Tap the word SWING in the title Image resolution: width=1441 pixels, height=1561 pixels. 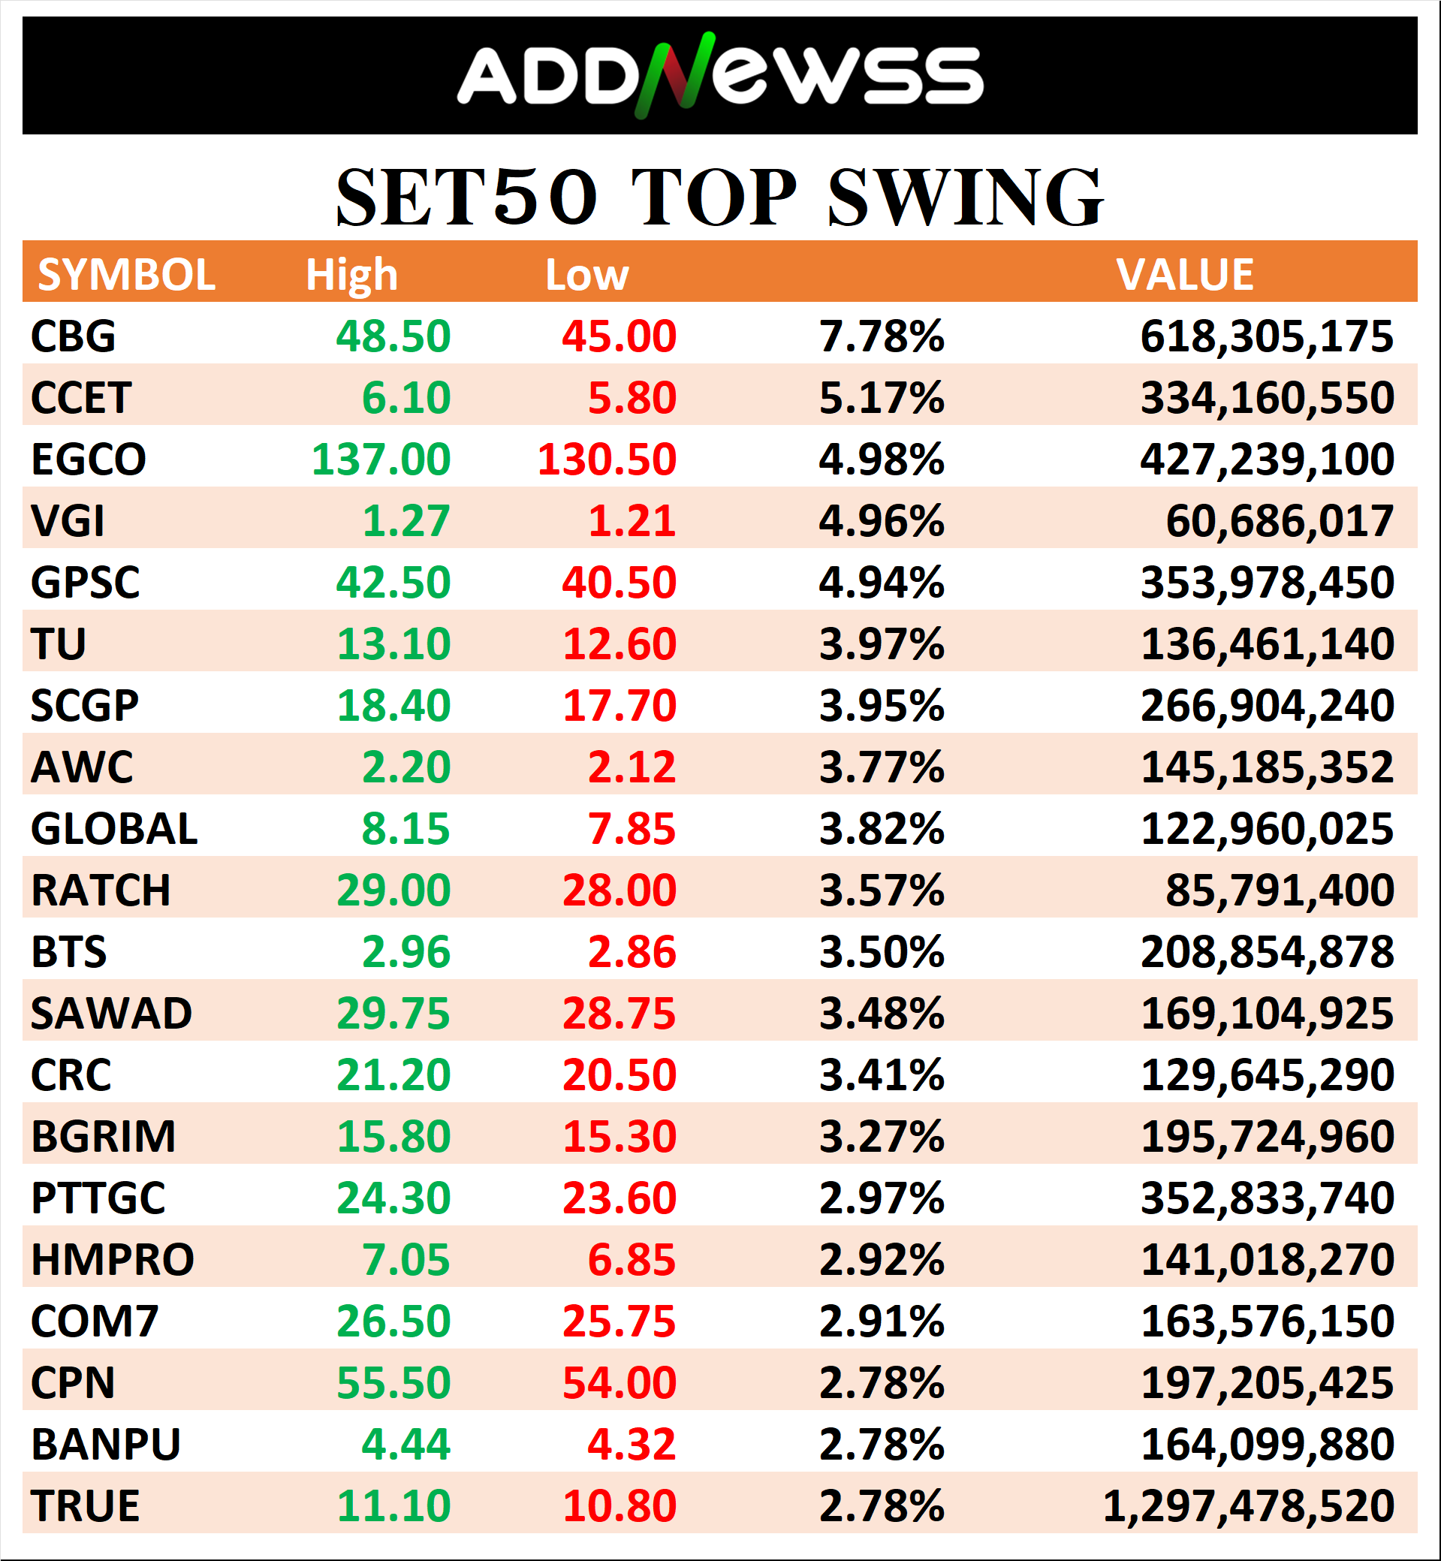tap(965, 198)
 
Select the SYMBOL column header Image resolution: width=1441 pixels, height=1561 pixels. tap(126, 275)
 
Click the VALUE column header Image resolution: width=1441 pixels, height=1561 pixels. tap(1184, 275)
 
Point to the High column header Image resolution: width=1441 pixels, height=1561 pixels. tap(351, 276)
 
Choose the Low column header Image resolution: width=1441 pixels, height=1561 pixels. tap(586, 276)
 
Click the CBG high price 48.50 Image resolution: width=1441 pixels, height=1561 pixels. tap(393, 336)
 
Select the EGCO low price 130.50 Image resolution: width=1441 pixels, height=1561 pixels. tap(607, 460)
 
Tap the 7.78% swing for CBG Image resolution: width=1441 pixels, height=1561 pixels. tap(881, 336)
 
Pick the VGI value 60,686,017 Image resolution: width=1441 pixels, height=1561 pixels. tap(1279, 521)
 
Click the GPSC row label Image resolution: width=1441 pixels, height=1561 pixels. tap(85, 583)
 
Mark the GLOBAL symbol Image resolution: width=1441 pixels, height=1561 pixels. tap(114, 829)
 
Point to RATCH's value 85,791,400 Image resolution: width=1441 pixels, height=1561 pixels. tap(1279, 890)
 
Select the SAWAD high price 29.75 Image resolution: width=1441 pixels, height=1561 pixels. tap(393, 1014)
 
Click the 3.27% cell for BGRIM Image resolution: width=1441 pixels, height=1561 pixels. tap(881, 1137)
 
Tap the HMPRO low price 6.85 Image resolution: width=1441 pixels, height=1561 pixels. tap(632, 1260)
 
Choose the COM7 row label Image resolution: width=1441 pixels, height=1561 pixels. tap(95, 1321)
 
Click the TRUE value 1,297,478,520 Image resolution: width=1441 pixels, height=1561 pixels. tap(1247, 1505)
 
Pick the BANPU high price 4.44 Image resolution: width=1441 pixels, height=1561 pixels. tap(405, 1444)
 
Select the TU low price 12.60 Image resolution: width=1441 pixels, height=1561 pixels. tap(620, 644)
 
